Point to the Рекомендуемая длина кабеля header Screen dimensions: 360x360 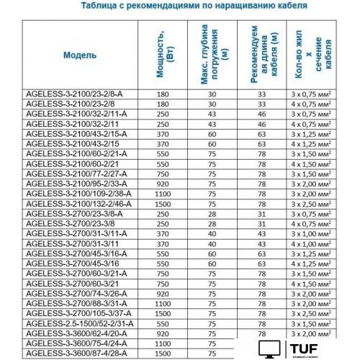(x=262, y=55)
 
